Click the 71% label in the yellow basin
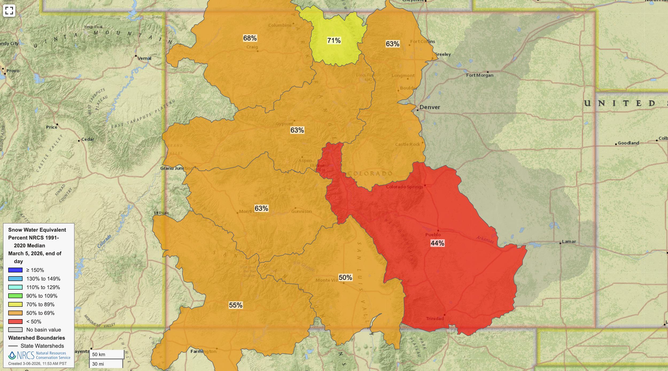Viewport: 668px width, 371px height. (334, 41)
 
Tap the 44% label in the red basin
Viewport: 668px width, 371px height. (437, 243)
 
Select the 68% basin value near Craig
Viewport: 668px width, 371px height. (250, 38)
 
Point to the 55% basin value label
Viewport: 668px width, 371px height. (235, 305)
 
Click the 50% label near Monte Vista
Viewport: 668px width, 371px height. (345, 278)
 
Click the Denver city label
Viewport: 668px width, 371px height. (429, 107)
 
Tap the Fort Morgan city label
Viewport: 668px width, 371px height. (480, 75)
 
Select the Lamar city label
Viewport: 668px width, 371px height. (569, 241)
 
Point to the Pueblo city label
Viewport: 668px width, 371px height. (433, 235)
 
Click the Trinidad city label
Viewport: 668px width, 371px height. (435, 318)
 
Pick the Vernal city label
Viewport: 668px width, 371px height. (144, 58)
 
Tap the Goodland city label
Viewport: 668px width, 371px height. (628, 143)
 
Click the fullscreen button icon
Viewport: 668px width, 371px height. (9, 11)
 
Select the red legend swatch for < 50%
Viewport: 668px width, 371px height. (15, 321)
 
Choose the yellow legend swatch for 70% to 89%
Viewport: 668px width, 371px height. (15, 304)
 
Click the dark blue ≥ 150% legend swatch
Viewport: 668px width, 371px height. (15, 270)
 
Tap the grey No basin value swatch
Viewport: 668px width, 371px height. (15, 330)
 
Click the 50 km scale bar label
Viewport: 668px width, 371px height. (99, 354)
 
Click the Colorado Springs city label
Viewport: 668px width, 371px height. (404, 187)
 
